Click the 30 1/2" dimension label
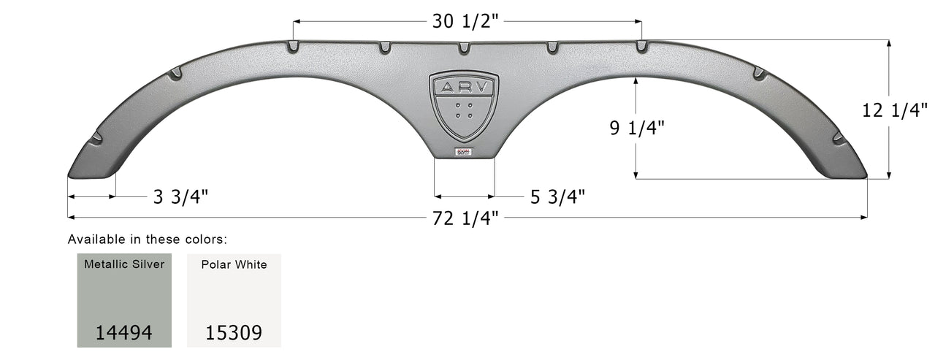466,21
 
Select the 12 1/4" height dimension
894,111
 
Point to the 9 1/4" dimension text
636,128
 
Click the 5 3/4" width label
556,196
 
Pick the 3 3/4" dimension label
180,196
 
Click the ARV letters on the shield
464,88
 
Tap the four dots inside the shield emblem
464,111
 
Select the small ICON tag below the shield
464,152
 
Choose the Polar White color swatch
234,299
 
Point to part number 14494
124,333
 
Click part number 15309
234,333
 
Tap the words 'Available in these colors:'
148,239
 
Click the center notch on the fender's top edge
464,48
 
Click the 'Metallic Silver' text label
124,264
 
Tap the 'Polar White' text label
234,264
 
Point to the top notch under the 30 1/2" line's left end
293,47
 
